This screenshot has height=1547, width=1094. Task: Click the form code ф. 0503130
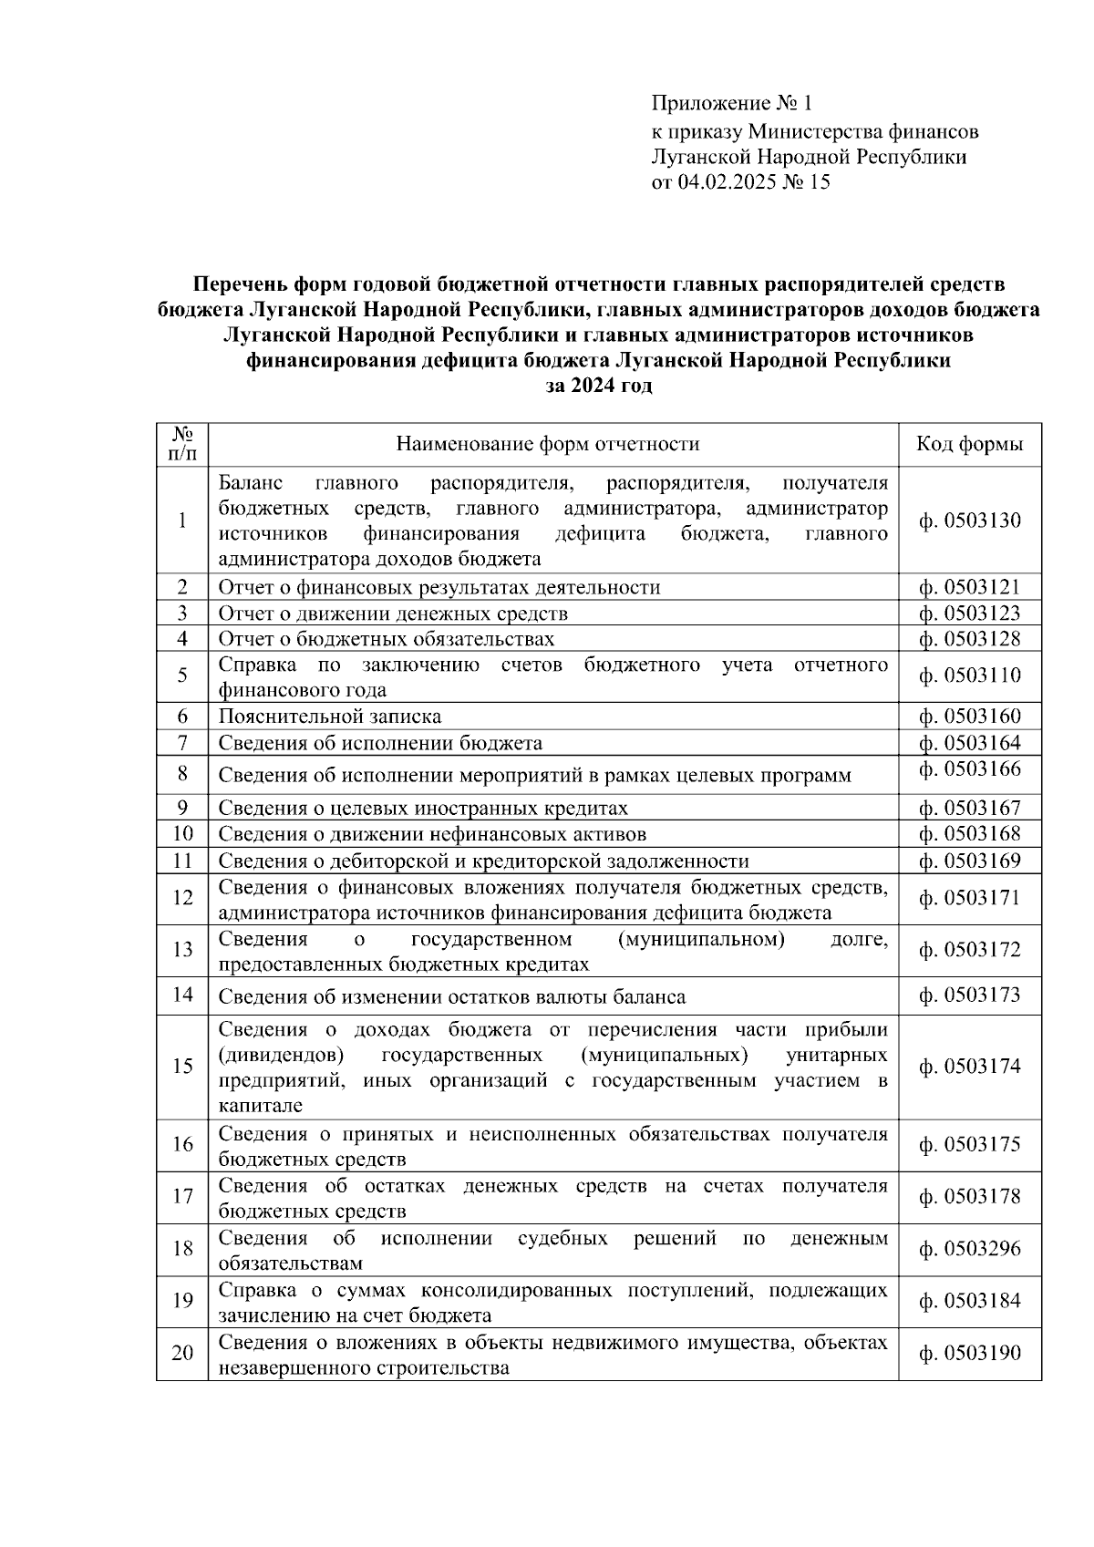point(969,521)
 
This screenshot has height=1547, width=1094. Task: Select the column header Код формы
point(969,444)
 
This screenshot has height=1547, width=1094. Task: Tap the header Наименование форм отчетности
point(547,444)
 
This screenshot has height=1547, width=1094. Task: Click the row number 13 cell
point(182,950)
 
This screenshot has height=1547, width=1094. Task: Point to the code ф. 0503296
point(969,1249)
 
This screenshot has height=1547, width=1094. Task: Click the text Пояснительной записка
point(329,717)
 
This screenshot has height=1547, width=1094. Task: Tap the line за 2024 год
point(598,386)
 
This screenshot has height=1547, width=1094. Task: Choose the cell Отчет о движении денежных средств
point(392,614)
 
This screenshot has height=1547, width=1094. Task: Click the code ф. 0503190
point(969,1353)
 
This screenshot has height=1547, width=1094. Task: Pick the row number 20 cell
point(182,1353)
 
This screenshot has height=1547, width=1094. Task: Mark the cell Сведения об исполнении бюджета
point(379,743)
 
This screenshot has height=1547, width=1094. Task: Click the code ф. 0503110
point(969,676)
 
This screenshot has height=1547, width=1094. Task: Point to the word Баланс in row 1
point(250,482)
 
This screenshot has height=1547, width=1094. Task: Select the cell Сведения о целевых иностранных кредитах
point(422,808)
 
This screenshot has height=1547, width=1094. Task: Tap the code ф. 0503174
point(969,1067)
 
